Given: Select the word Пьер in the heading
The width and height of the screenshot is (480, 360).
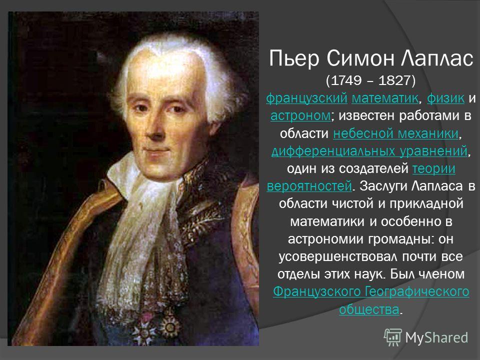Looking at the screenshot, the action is pos(294,58).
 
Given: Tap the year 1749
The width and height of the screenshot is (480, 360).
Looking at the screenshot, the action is pos(346,80).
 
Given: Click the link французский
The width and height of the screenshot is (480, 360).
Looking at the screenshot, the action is pos(306,98).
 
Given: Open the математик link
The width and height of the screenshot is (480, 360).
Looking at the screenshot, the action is pos(385,98).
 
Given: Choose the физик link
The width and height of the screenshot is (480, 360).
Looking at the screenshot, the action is pos(445,98).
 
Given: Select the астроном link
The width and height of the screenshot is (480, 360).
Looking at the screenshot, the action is pos(300,115).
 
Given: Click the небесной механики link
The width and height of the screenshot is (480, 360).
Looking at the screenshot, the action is pos(396,133).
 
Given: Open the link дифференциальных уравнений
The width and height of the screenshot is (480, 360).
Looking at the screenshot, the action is pos(369,151).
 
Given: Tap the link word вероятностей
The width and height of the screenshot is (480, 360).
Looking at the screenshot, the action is pos(309,186).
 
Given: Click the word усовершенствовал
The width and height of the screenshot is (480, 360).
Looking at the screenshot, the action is pos(338,256).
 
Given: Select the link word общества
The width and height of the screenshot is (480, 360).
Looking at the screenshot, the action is pos(369,309).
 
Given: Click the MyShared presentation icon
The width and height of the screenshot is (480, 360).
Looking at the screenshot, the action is pos(393,337).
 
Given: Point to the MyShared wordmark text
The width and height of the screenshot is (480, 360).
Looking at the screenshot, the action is pos(436,337).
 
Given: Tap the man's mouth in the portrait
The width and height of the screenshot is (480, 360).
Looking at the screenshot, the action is pos(156,150).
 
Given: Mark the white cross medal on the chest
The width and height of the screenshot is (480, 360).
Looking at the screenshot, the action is pos(144,329).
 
